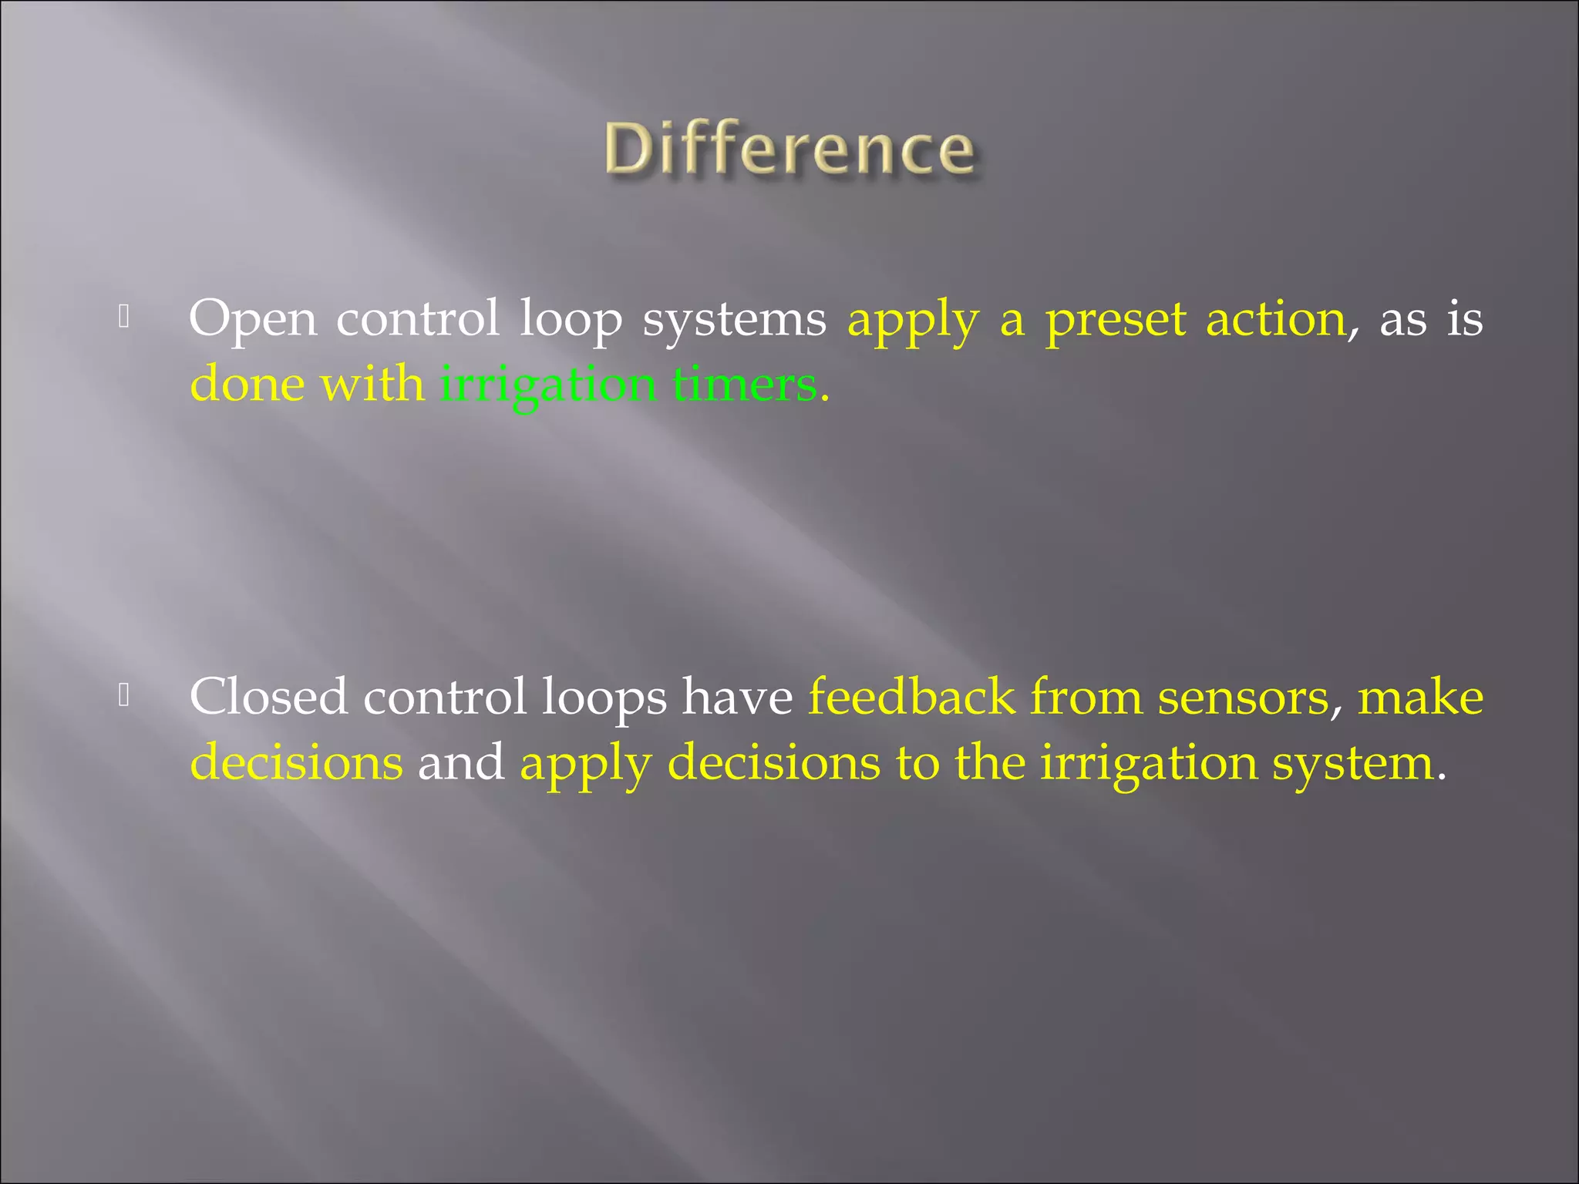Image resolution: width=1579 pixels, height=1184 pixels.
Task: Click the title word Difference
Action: pyautogui.click(x=789, y=150)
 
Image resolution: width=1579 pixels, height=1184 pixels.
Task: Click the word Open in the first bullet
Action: pyautogui.click(x=253, y=319)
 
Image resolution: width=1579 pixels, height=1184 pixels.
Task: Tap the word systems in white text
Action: pyautogui.click(x=734, y=319)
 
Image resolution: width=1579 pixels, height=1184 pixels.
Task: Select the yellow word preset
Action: pyautogui.click(x=1116, y=319)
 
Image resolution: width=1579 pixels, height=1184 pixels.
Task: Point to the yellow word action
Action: pyautogui.click(x=1276, y=318)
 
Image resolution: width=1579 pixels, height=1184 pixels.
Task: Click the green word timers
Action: pyautogui.click(x=745, y=384)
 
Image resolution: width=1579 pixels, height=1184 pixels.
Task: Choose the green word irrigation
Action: pyautogui.click(x=547, y=385)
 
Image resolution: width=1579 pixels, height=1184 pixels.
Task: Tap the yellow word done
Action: pyautogui.click(x=247, y=384)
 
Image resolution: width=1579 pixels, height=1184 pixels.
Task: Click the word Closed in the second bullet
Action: pyautogui.click(x=268, y=697)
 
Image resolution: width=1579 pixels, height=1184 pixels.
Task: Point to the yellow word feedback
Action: pyautogui.click(x=911, y=697)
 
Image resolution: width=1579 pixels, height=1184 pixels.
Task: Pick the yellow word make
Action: pyautogui.click(x=1420, y=697)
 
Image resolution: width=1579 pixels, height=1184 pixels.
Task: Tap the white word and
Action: pyautogui.click(x=461, y=762)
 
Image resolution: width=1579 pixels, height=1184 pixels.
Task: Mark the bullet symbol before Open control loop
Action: pyautogui.click(x=123, y=316)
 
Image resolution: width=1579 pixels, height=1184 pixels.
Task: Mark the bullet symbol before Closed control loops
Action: pyautogui.click(x=123, y=695)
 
